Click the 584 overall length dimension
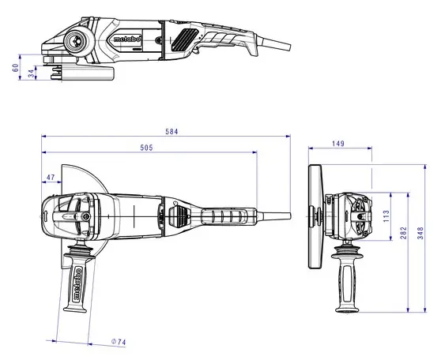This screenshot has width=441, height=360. point(171,132)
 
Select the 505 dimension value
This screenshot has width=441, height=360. point(146,148)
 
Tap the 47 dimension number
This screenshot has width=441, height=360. point(51,178)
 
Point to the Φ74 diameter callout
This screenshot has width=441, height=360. point(119,342)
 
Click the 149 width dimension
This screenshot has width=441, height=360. point(337,144)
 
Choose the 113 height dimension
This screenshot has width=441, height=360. point(386,216)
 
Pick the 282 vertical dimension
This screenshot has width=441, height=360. point(404,233)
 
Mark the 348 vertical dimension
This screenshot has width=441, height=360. point(420,233)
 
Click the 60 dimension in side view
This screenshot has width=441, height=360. point(16,68)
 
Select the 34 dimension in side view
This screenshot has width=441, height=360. point(32,73)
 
